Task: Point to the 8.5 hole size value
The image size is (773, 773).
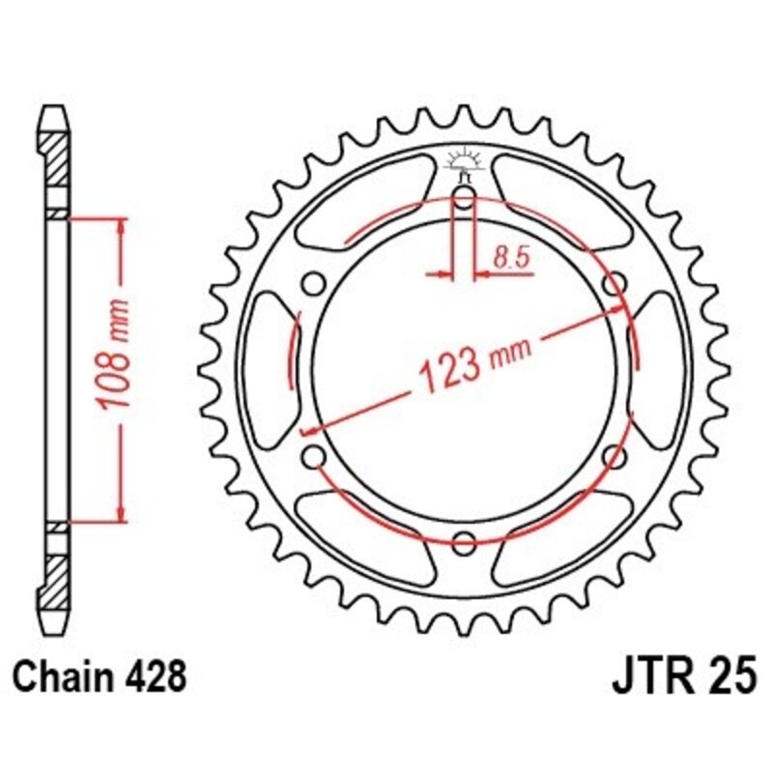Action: (508, 258)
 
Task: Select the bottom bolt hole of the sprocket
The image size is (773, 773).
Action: (464, 539)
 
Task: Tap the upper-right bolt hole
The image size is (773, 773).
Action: (611, 284)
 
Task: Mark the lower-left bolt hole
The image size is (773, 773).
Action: (313, 454)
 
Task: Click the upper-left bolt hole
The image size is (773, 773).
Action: (313, 284)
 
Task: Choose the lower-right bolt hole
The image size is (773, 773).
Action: (611, 454)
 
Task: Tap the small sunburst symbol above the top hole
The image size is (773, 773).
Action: (463, 161)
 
